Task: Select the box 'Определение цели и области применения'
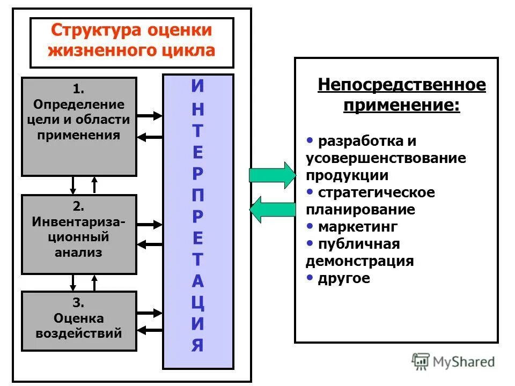tap(79, 127)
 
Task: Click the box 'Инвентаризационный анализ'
tap(79, 234)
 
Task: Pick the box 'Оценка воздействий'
tap(79, 321)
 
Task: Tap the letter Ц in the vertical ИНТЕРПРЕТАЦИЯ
tap(197, 303)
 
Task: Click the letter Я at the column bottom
tap(197, 346)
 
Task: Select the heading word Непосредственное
tap(401, 85)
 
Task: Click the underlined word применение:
tap(401, 105)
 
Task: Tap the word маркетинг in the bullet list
tap(358, 227)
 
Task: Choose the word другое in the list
tap(344, 279)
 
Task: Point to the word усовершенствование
tap(386, 158)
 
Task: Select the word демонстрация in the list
tap(359, 262)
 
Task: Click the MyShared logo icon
tap(421, 361)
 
